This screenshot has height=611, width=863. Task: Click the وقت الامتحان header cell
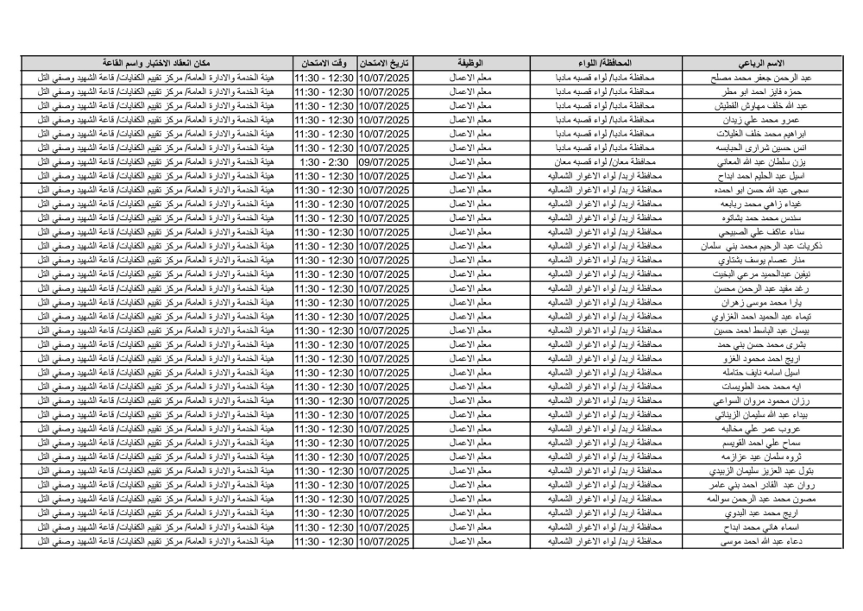(324, 64)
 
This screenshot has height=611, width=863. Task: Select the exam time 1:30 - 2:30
(324, 161)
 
